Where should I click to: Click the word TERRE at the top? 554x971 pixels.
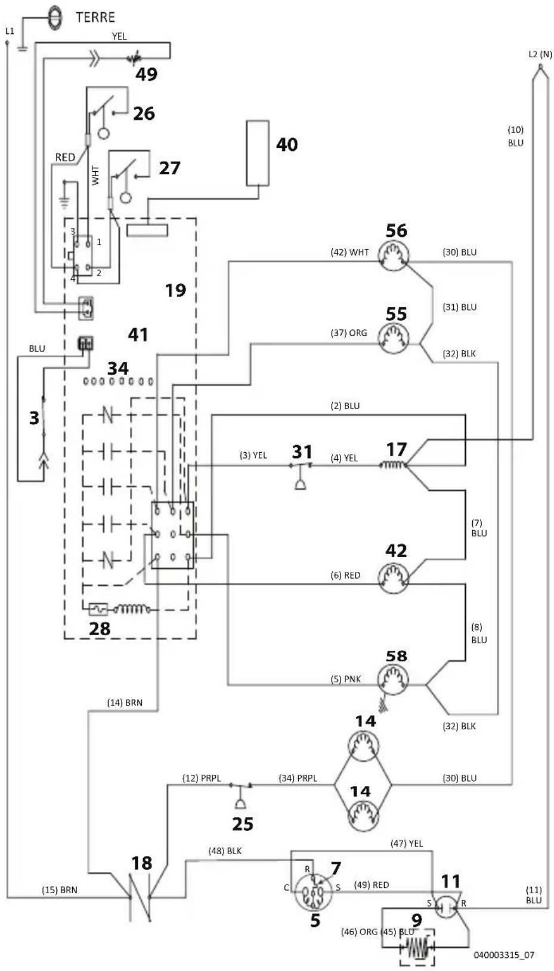(x=95, y=17)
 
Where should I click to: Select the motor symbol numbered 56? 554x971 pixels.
(x=393, y=256)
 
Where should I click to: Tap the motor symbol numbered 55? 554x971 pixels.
(x=393, y=339)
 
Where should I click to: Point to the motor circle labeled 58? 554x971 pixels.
(x=392, y=680)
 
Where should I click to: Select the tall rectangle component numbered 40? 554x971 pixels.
(x=258, y=153)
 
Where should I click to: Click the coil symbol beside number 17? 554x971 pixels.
(x=393, y=465)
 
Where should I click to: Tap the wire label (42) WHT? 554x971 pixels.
(x=349, y=252)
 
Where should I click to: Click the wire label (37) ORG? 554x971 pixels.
(x=348, y=333)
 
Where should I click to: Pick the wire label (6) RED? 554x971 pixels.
(x=345, y=575)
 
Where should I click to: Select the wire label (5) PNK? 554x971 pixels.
(x=345, y=679)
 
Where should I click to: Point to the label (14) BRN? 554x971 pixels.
(x=125, y=703)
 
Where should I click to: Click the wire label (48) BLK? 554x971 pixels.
(x=225, y=851)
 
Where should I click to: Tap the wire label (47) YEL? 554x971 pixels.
(x=407, y=843)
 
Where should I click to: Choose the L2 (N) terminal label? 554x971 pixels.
(x=540, y=55)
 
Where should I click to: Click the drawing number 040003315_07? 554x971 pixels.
(x=504, y=954)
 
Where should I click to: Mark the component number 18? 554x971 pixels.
(x=142, y=863)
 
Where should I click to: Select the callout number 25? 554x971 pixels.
(x=242, y=824)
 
